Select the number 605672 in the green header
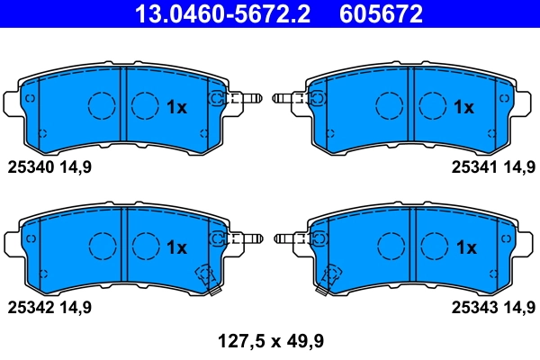(381, 14)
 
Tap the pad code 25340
(31, 166)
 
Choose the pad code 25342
(31, 307)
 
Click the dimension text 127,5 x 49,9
(271, 341)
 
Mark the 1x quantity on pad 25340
(176, 107)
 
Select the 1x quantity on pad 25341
(463, 107)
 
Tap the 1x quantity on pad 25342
(176, 247)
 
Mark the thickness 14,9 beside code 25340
(76, 166)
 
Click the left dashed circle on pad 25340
(102, 105)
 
